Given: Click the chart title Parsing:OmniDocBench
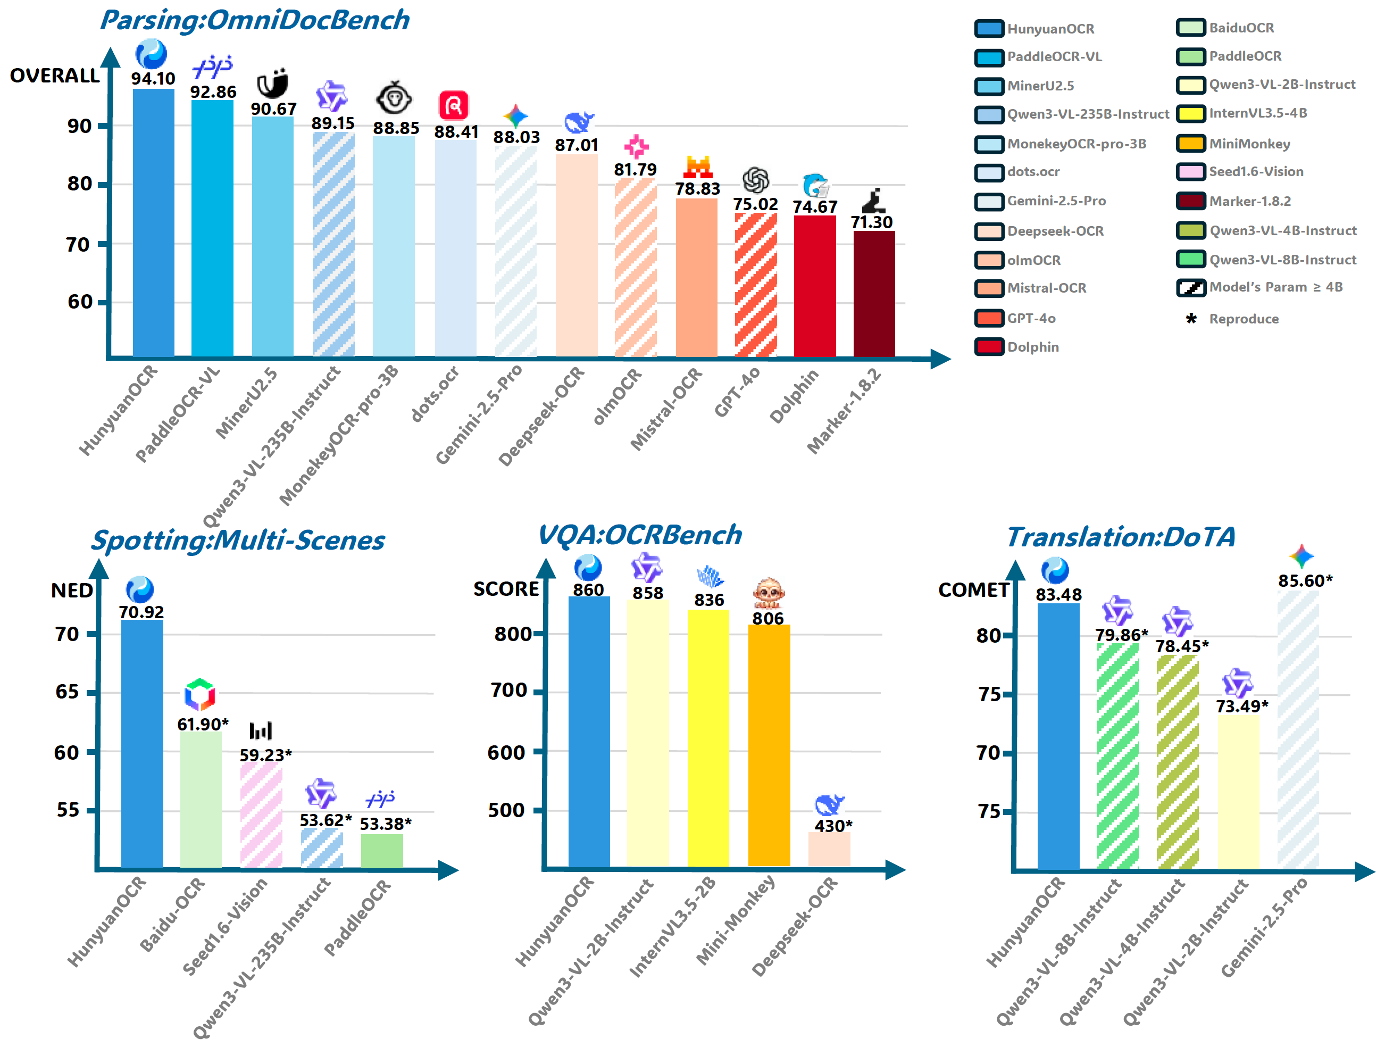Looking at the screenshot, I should pyautogui.click(x=254, y=21).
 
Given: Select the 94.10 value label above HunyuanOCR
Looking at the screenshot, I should pyautogui.click(x=153, y=79).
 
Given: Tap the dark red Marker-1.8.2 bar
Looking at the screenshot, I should pyautogui.click(x=873, y=294).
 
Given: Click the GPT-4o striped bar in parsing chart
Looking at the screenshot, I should pyautogui.click(x=756, y=285).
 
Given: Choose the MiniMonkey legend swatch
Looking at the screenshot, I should pyautogui.click(x=1190, y=144).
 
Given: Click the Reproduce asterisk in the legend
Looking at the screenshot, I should pyautogui.click(x=1191, y=319).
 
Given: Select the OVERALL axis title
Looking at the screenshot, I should pyautogui.click(x=54, y=76).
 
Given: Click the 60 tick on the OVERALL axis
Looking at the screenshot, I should pyautogui.click(x=80, y=302).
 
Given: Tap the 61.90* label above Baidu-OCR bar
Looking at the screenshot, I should pyautogui.click(x=202, y=725).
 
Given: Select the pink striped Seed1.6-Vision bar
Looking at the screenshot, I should pyautogui.click(x=261, y=814).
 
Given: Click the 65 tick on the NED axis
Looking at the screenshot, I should pyautogui.click(x=67, y=692).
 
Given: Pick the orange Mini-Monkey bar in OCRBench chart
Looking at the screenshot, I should pyautogui.click(x=769, y=745).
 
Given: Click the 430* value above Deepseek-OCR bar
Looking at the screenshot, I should pyautogui.click(x=833, y=826).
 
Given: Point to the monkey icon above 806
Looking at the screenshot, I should pyautogui.click(x=767, y=592).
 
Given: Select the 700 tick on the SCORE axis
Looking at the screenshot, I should pyautogui.click(x=508, y=690).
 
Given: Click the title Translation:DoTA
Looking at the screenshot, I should pyautogui.click(x=1120, y=537).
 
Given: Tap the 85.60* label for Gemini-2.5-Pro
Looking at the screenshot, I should pyautogui.click(x=1305, y=581).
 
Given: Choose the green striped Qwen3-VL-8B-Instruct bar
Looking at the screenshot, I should pyautogui.click(x=1117, y=754).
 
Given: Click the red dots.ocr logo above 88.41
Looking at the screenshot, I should pyautogui.click(x=453, y=105).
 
